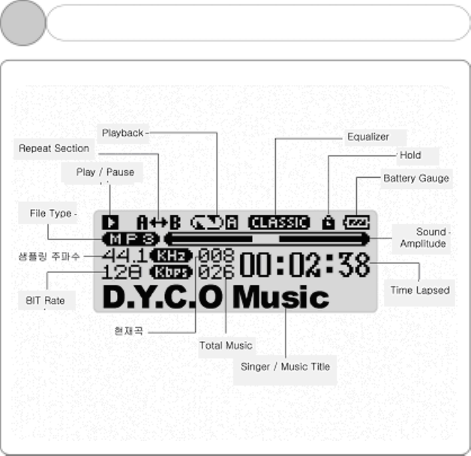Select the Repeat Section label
pyautogui.click(x=53, y=148)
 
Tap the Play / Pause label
pyautogui.click(x=105, y=172)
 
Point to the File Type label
pyautogui.click(x=50, y=214)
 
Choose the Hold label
pyautogui.click(x=409, y=155)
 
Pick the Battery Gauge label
pyautogui.click(x=416, y=178)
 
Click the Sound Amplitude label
pyautogui.click(x=423, y=238)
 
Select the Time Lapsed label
pyautogui.click(x=420, y=290)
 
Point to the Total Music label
pyautogui.click(x=226, y=346)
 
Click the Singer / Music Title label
pyautogui.click(x=285, y=367)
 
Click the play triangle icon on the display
pyautogui.click(x=111, y=222)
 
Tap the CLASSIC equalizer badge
pyautogui.click(x=279, y=222)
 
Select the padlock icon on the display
pyautogui.click(x=328, y=222)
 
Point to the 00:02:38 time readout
pyautogui.click(x=304, y=265)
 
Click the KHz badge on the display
pyautogui.click(x=171, y=255)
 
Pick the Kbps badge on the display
pyautogui.click(x=171, y=271)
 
